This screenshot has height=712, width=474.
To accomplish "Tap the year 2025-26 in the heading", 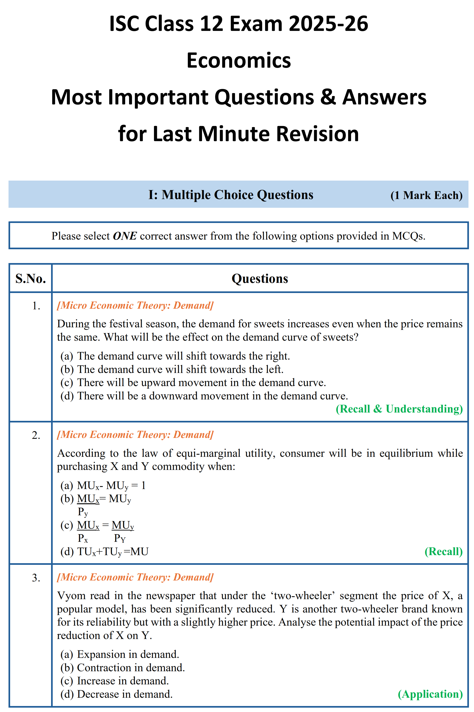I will [328, 23].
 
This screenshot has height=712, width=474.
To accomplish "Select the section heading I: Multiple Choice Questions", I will [231, 195].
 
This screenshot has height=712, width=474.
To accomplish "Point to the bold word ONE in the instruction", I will [124, 236].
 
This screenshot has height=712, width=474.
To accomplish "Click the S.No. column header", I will [31, 278].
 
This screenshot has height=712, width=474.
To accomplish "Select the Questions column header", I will [260, 278].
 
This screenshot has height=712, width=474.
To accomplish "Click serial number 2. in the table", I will [36, 435].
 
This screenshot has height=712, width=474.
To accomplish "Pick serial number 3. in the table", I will [36, 578].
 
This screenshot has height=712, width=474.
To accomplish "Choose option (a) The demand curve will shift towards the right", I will [175, 356].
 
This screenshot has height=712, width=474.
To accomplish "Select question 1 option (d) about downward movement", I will [204, 396].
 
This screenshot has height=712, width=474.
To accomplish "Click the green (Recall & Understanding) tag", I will [399, 409].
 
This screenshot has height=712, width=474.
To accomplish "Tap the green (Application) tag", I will [430, 694].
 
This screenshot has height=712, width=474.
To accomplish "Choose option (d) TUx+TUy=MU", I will [104, 552].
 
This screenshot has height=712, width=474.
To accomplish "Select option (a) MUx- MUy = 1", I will [103, 485].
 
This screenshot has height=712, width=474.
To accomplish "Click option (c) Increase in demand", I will [115, 680].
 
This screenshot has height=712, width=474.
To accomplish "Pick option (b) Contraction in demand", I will [122, 667].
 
